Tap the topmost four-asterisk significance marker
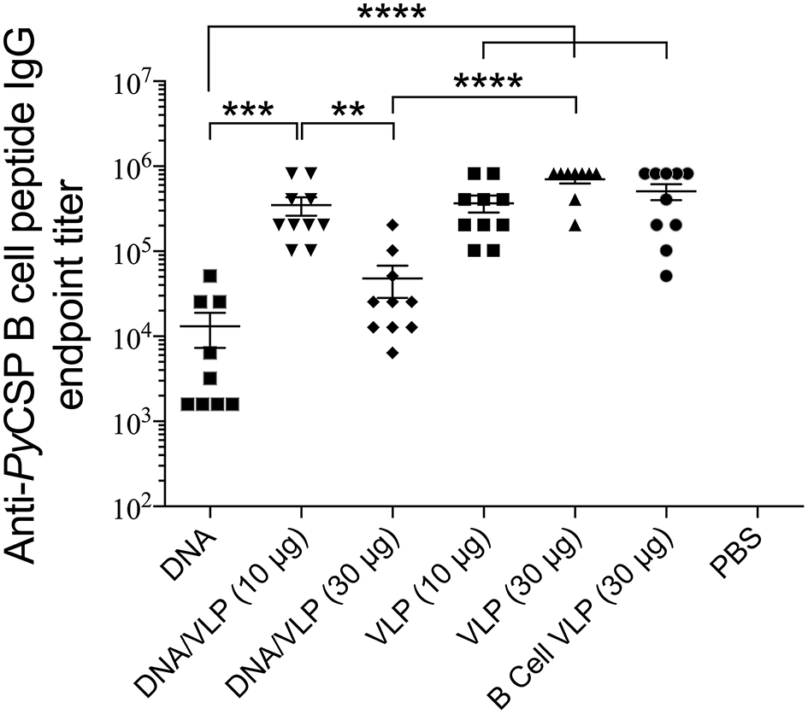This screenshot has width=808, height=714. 391,15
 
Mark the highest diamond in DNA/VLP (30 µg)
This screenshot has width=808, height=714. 392,225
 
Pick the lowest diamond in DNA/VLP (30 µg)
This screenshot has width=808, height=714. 392,353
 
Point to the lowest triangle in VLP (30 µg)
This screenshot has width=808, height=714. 575,225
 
